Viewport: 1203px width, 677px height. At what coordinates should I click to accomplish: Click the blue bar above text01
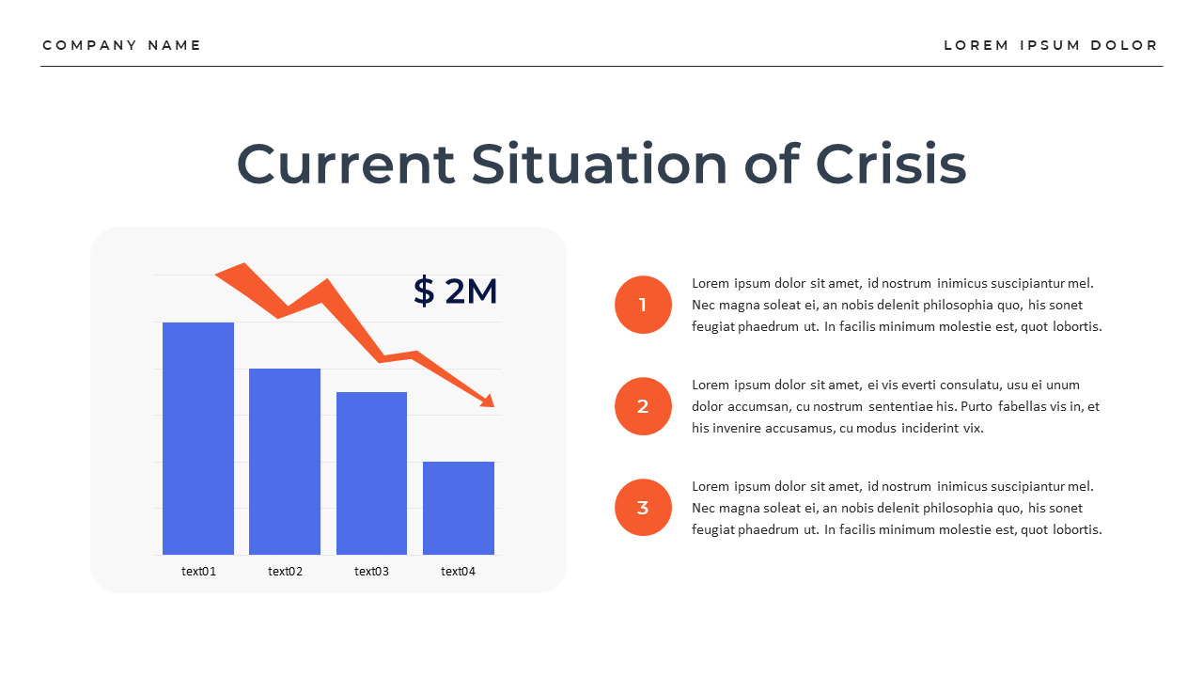pyautogui.click(x=198, y=438)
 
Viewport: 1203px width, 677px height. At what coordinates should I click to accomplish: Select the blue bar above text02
pyautogui.click(x=285, y=462)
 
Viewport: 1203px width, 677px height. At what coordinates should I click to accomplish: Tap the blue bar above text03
pyautogui.click(x=371, y=473)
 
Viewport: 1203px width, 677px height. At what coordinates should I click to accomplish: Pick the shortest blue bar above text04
pyautogui.click(x=459, y=508)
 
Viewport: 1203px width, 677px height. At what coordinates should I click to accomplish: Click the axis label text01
pyautogui.click(x=198, y=572)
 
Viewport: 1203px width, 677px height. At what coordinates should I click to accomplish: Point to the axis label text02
pyautogui.click(x=285, y=572)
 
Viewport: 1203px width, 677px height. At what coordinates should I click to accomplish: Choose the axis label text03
pyautogui.click(x=371, y=572)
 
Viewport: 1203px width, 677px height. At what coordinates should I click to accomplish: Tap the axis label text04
pyautogui.click(x=459, y=572)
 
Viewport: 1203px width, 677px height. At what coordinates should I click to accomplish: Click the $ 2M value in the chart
pyautogui.click(x=455, y=291)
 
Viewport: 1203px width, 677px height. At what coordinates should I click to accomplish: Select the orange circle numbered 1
pyautogui.click(x=643, y=305)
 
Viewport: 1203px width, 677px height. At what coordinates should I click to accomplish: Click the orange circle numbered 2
pyautogui.click(x=643, y=406)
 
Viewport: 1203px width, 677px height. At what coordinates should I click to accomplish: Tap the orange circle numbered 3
pyautogui.click(x=643, y=508)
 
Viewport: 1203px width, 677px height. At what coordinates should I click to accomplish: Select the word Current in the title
pyautogui.click(x=346, y=164)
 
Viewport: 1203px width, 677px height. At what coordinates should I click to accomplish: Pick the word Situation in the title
pyautogui.click(x=600, y=164)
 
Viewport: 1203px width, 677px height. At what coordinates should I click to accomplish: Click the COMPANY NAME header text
pyautogui.click(x=122, y=45)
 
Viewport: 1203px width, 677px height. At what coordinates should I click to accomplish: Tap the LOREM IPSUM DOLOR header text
pyautogui.click(x=1051, y=45)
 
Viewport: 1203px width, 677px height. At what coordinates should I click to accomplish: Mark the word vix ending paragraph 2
pyautogui.click(x=972, y=428)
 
